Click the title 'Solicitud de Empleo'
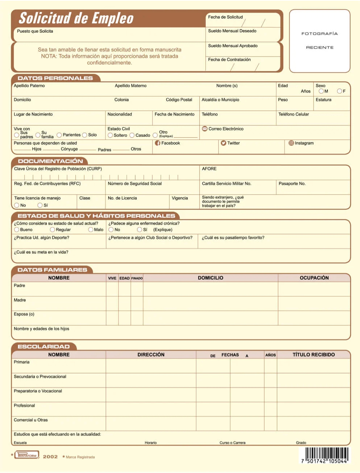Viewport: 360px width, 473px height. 76,18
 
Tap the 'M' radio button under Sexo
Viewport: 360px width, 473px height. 321,91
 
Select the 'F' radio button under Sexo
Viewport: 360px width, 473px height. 339,91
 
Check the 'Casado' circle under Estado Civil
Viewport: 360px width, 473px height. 132,135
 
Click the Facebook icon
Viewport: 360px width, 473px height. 157,143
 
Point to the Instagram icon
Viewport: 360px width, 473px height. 291,143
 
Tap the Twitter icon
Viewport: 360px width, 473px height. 224,143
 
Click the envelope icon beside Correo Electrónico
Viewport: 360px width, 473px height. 205,129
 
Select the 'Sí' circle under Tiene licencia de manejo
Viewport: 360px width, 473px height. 40,205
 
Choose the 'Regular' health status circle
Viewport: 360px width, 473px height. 52,230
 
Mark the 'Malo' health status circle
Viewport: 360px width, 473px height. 91,230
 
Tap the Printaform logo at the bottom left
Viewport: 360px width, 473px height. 26,455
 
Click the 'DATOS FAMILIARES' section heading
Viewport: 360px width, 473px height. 52,270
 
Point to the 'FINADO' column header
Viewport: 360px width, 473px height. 137,278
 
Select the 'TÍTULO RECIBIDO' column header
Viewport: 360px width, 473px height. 314,355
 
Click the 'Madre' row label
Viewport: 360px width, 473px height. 20,300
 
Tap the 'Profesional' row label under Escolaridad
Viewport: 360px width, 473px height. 24,406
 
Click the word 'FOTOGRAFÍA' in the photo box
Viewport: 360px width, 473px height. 319,34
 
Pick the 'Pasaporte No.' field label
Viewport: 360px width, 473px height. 292,184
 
